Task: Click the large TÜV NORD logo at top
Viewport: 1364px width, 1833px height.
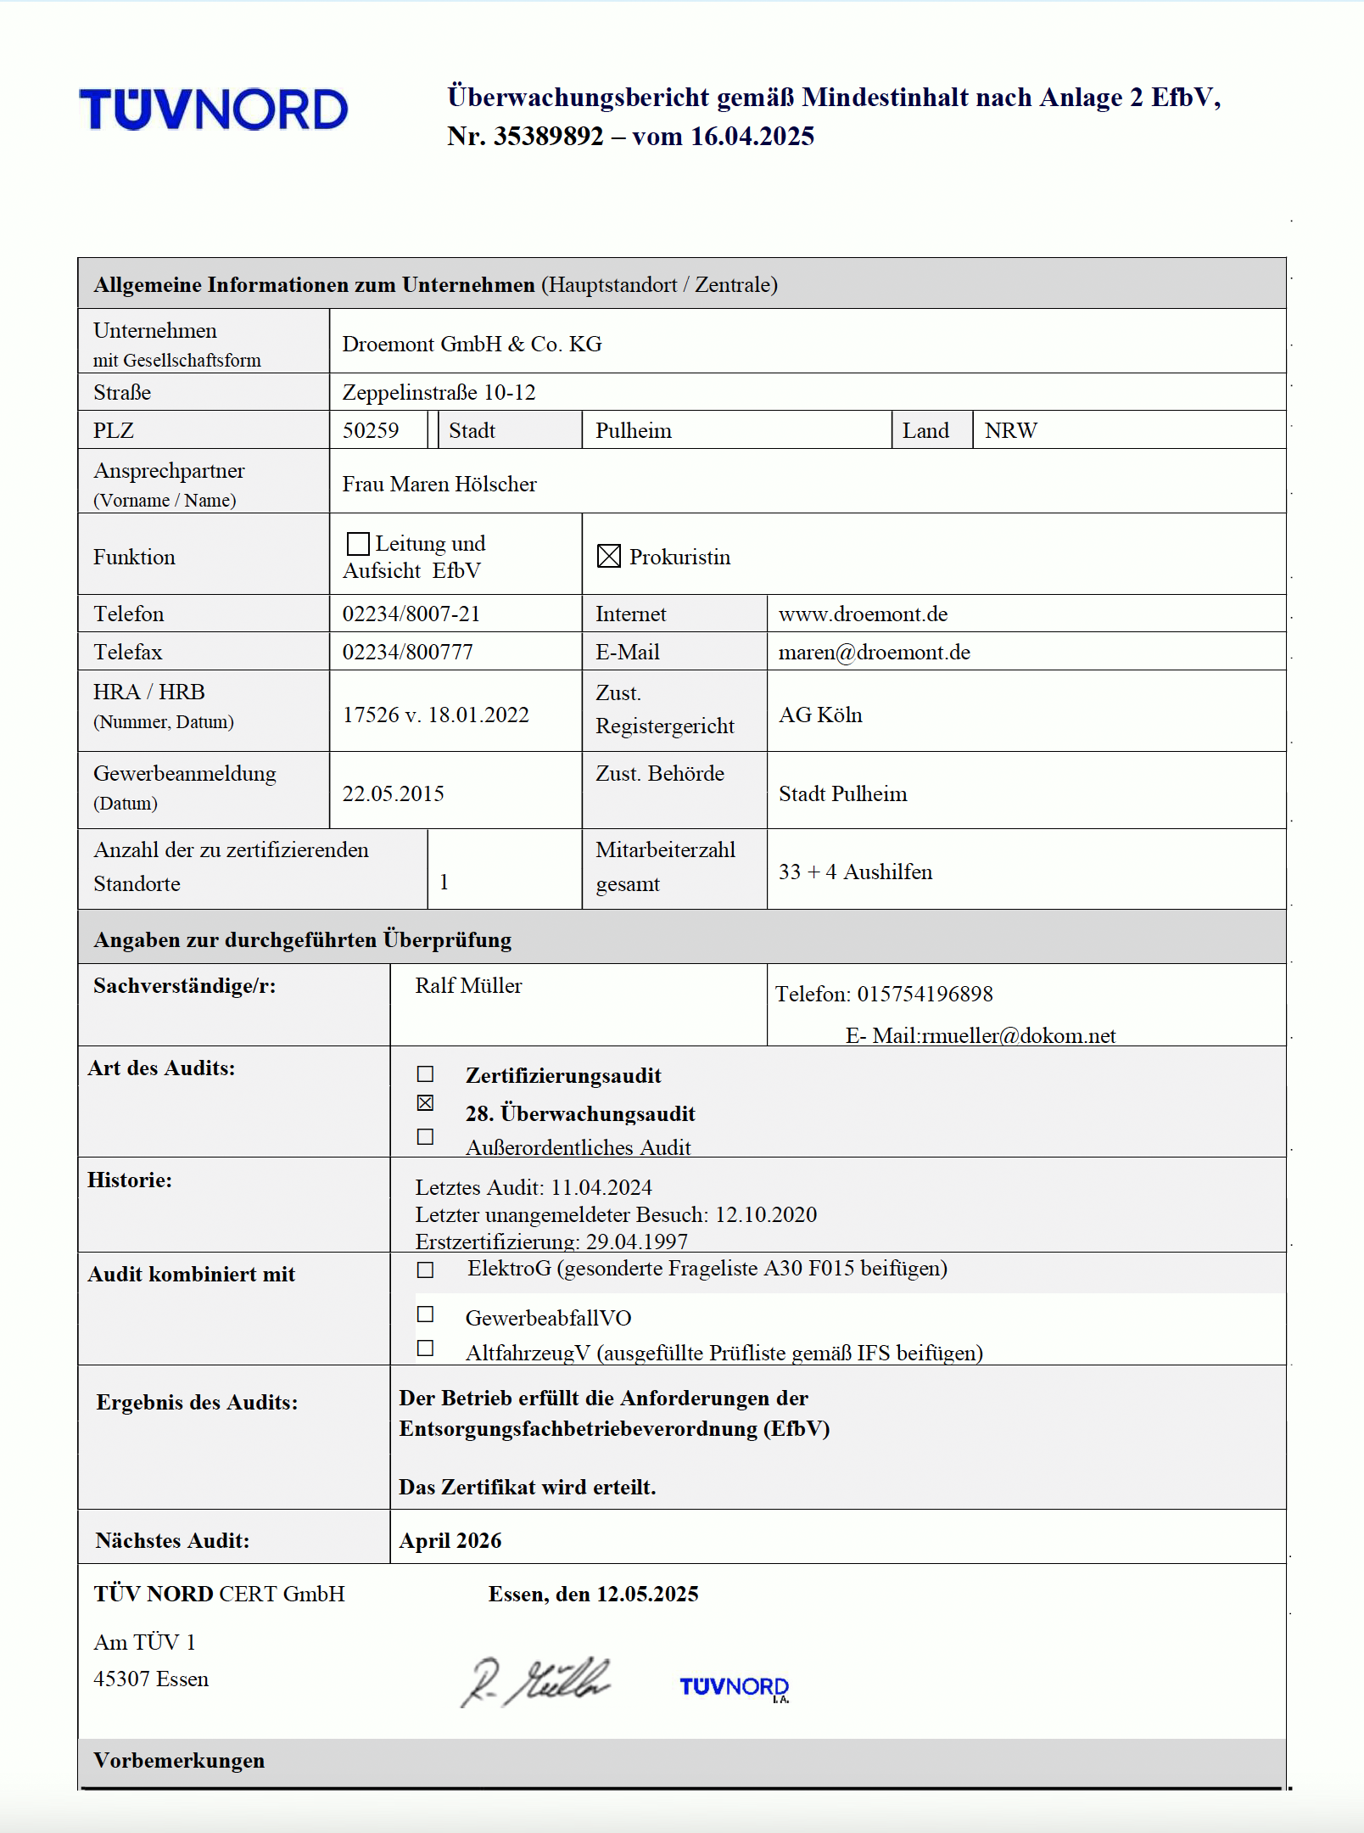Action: point(214,109)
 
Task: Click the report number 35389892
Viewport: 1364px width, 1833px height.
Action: point(548,137)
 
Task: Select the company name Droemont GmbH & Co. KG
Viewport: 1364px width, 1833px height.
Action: point(472,344)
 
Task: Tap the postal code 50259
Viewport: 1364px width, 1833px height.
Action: point(371,430)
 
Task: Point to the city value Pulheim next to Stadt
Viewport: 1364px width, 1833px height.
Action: point(633,430)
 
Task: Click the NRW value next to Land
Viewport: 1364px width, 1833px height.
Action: point(1010,430)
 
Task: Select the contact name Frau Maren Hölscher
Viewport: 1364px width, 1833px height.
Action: point(439,484)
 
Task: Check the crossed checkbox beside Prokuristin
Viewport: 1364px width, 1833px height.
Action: point(609,556)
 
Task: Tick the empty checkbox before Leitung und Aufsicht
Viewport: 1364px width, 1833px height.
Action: point(358,543)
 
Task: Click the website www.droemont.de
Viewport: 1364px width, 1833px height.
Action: point(863,614)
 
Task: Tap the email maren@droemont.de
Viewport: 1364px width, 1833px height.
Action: point(874,652)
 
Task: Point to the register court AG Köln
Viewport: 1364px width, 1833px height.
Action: point(820,715)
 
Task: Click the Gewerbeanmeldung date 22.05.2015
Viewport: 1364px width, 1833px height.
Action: point(393,793)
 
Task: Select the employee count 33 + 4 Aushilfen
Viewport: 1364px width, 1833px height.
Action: point(855,872)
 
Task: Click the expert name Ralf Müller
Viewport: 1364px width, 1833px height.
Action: point(468,985)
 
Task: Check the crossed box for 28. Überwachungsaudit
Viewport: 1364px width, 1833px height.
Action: point(426,1103)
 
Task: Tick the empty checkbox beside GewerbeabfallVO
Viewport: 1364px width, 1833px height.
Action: point(426,1314)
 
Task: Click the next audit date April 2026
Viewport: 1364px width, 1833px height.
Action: point(450,1540)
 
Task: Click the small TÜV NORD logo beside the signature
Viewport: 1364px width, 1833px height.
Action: point(734,1687)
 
